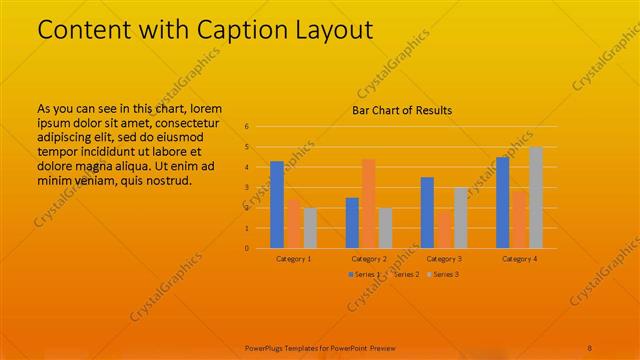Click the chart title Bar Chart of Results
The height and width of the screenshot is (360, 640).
(x=402, y=110)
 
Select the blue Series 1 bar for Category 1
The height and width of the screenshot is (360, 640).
(x=277, y=204)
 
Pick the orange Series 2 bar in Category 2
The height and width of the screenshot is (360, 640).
(x=368, y=203)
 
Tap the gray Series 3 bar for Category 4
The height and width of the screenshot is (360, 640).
(x=536, y=197)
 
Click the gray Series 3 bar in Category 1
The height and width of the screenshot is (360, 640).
(x=310, y=228)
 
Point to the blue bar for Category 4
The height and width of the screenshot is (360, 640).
(x=502, y=202)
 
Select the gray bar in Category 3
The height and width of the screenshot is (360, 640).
(x=460, y=217)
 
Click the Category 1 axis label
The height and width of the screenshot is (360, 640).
(x=293, y=258)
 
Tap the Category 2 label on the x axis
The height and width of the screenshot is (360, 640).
(x=369, y=258)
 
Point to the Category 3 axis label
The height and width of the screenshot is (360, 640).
(x=444, y=258)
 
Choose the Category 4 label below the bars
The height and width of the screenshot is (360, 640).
(x=520, y=258)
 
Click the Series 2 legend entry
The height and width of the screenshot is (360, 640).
(x=404, y=274)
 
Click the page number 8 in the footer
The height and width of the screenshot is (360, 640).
(x=590, y=348)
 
